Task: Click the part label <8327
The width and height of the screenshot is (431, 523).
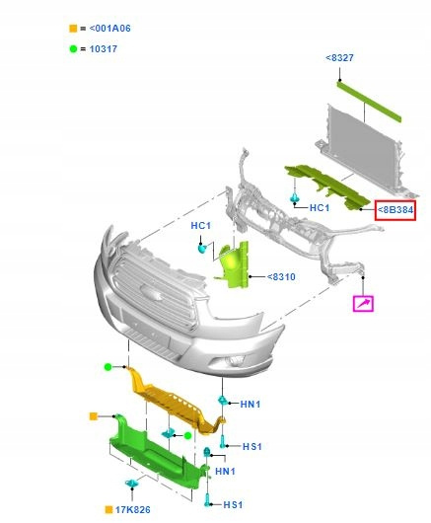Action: pyautogui.click(x=339, y=57)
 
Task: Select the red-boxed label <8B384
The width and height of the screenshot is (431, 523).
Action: pyautogui.click(x=395, y=210)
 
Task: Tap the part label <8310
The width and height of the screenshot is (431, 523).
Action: pyautogui.click(x=281, y=277)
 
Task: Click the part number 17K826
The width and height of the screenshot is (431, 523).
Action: pyautogui.click(x=133, y=509)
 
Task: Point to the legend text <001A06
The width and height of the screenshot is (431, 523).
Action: pyautogui.click(x=110, y=29)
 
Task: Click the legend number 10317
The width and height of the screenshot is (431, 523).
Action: pyautogui.click(x=104, y=49)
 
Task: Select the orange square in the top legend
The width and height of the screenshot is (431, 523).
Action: pyautogui.click(x=73, y=29)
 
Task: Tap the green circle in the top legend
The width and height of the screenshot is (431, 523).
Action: pyautogui.click(x=73, y=49)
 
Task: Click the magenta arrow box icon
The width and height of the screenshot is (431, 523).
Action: pyautogui.click(x=363, y=304)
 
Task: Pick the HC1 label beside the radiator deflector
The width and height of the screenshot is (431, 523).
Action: pyautogui.click(x=320, y=208)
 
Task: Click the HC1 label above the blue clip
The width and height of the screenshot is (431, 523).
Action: pyautogui.click(x=200, y=226)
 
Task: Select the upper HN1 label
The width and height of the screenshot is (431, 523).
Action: pyautogui.click(x=251, y=405)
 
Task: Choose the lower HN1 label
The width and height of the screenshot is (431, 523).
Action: pyautogui.click(x=225, y=472)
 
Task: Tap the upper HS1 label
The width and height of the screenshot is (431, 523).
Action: pyautogui.click(x=252, y=447)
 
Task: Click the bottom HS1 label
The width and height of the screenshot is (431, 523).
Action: pyautogui.click(x=233, y=505)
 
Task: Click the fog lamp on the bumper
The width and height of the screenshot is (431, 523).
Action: pyautogui.click(x=235, y=360)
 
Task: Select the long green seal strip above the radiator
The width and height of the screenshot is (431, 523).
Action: pyautogui.click(x=369, y=101)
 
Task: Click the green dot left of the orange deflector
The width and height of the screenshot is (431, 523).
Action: pyautogui.click(x=108, y=367)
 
